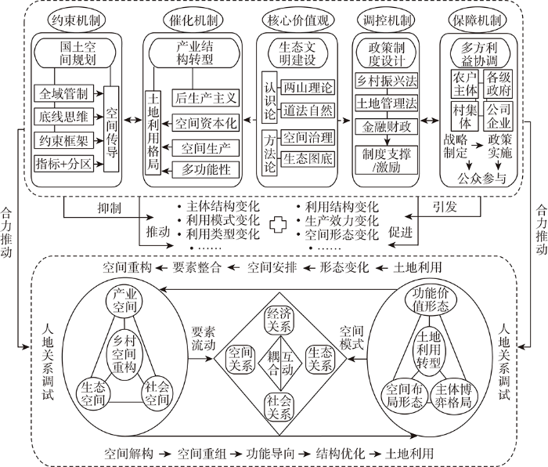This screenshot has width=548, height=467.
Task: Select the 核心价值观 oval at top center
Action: tap(297, 20)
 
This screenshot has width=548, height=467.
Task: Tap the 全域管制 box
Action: tap(63, 93)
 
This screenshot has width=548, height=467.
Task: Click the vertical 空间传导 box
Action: tap(111, 129)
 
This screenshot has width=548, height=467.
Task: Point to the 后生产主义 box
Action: tap(206, 98)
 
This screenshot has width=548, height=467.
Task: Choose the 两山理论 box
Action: tap(308, 87)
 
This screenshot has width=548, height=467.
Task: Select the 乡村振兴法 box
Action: tap(386, 81)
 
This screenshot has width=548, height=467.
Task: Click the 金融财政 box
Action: tap(386, 126)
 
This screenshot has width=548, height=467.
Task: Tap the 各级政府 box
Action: tap(499, 84)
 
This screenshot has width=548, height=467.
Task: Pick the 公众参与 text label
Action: tap(481, 179)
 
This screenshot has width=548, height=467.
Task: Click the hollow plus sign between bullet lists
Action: tap(278, 225)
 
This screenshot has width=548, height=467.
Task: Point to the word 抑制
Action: tap(109, 208)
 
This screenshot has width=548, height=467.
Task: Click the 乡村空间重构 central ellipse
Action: tap(124, 353)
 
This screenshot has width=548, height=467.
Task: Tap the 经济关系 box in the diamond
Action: tap(279, 320)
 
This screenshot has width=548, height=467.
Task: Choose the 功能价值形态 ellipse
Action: tap(431, 300)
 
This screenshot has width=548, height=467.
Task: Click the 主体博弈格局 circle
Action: tap(453, 396)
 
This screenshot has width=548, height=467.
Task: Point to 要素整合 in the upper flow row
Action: tap(196, 268)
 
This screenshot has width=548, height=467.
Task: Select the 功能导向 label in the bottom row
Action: tap(270, 454)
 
